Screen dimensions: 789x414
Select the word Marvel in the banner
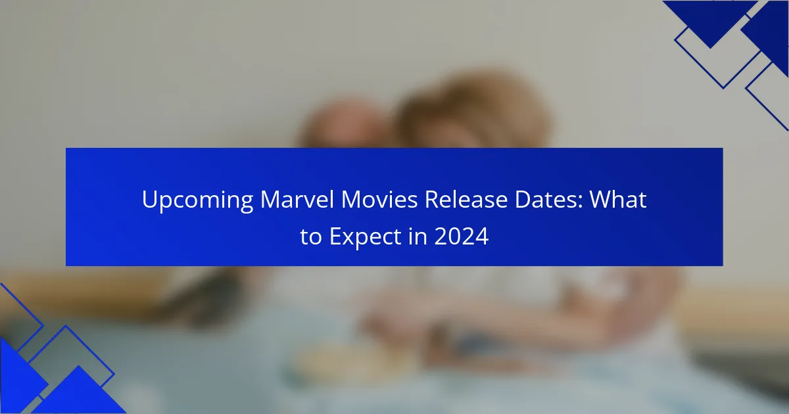click(297, 199)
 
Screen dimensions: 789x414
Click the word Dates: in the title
click(548, 199)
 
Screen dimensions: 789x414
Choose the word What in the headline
click(618, 199)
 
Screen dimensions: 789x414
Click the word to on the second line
click(311, 237)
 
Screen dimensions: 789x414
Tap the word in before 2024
click(418, 236)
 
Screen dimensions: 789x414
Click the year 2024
click(462, 236)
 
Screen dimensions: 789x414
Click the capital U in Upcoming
click(149, 200)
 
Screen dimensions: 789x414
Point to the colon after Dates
click(580, 202)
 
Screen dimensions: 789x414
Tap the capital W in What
click(602, 200)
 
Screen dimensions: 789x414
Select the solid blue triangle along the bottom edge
click(79, 394)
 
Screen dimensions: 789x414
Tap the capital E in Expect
click(336, 236)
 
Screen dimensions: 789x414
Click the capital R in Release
click(432, 200)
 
